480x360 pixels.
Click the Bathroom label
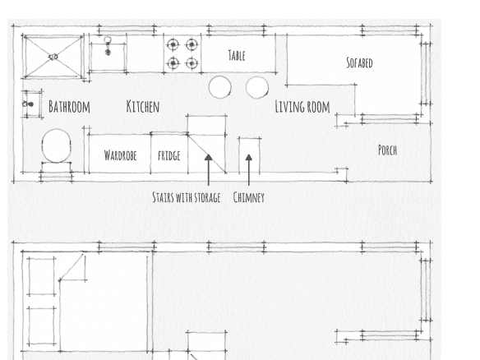(x=69, y=107)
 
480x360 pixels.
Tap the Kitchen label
(x=143, y=107)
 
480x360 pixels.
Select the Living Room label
(x=302, y=107)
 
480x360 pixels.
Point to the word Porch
(x=387, y=150)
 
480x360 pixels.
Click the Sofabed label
(x=359, y=62)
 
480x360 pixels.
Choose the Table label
(x=237, y=55)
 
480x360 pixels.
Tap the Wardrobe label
(x=120, y=155)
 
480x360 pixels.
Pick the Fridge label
(x=168, y=155)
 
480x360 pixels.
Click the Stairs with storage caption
(x=187, y=197)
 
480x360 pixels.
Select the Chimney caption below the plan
(x=248, y=197)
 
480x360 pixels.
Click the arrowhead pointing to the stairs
(x=209, y=157)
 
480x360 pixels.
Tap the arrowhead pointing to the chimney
(x=249, y=157)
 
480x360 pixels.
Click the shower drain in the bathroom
(x=53, y=57)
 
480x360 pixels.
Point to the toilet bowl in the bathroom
(x=57, y=145)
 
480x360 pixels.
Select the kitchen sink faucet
(x=108, y=46)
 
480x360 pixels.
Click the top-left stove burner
(x=173, y=44)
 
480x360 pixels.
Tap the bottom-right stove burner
(x=192, y=63)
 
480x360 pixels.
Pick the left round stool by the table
(x=219, y=87)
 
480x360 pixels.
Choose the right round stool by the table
(x=257, y=88)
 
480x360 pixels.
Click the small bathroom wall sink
(x=32, y=104)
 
